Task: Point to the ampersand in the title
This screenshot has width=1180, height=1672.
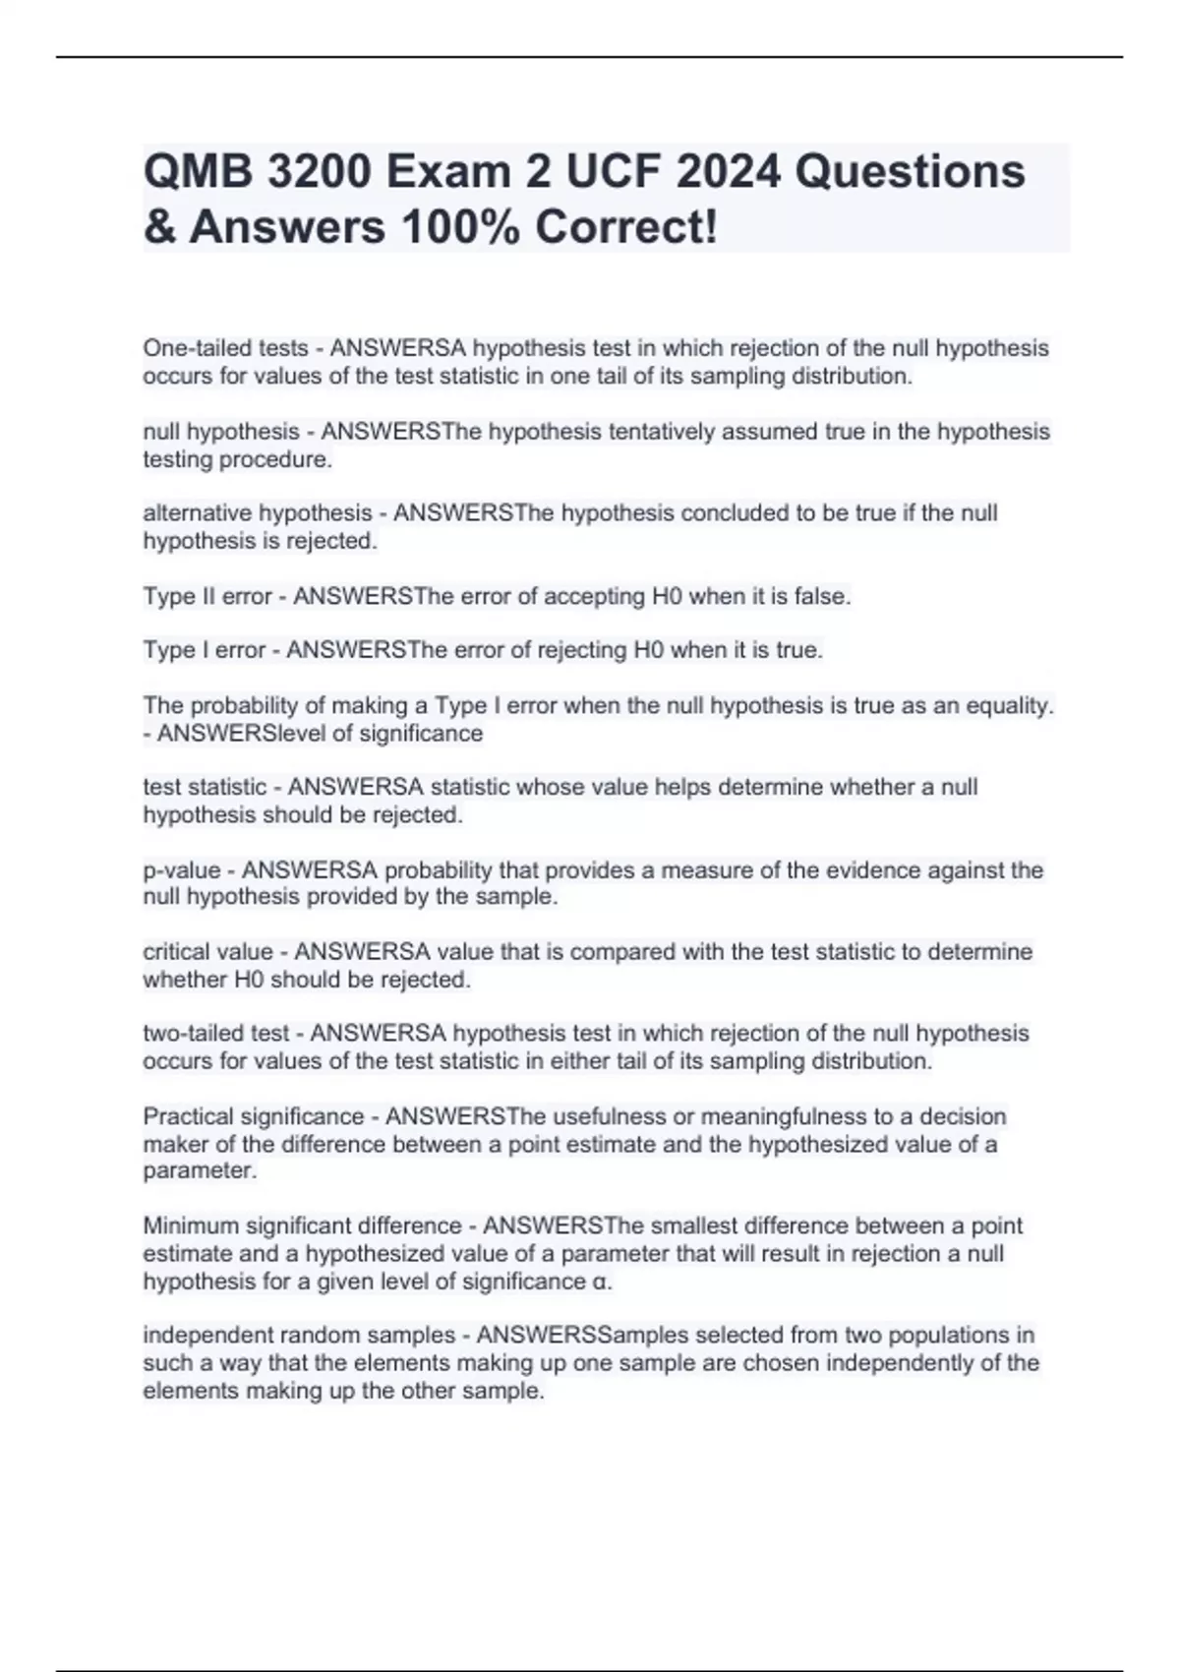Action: (158, 228)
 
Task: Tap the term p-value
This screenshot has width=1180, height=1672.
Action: (182, 870)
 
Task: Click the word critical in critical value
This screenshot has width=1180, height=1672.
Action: (177, 952)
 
